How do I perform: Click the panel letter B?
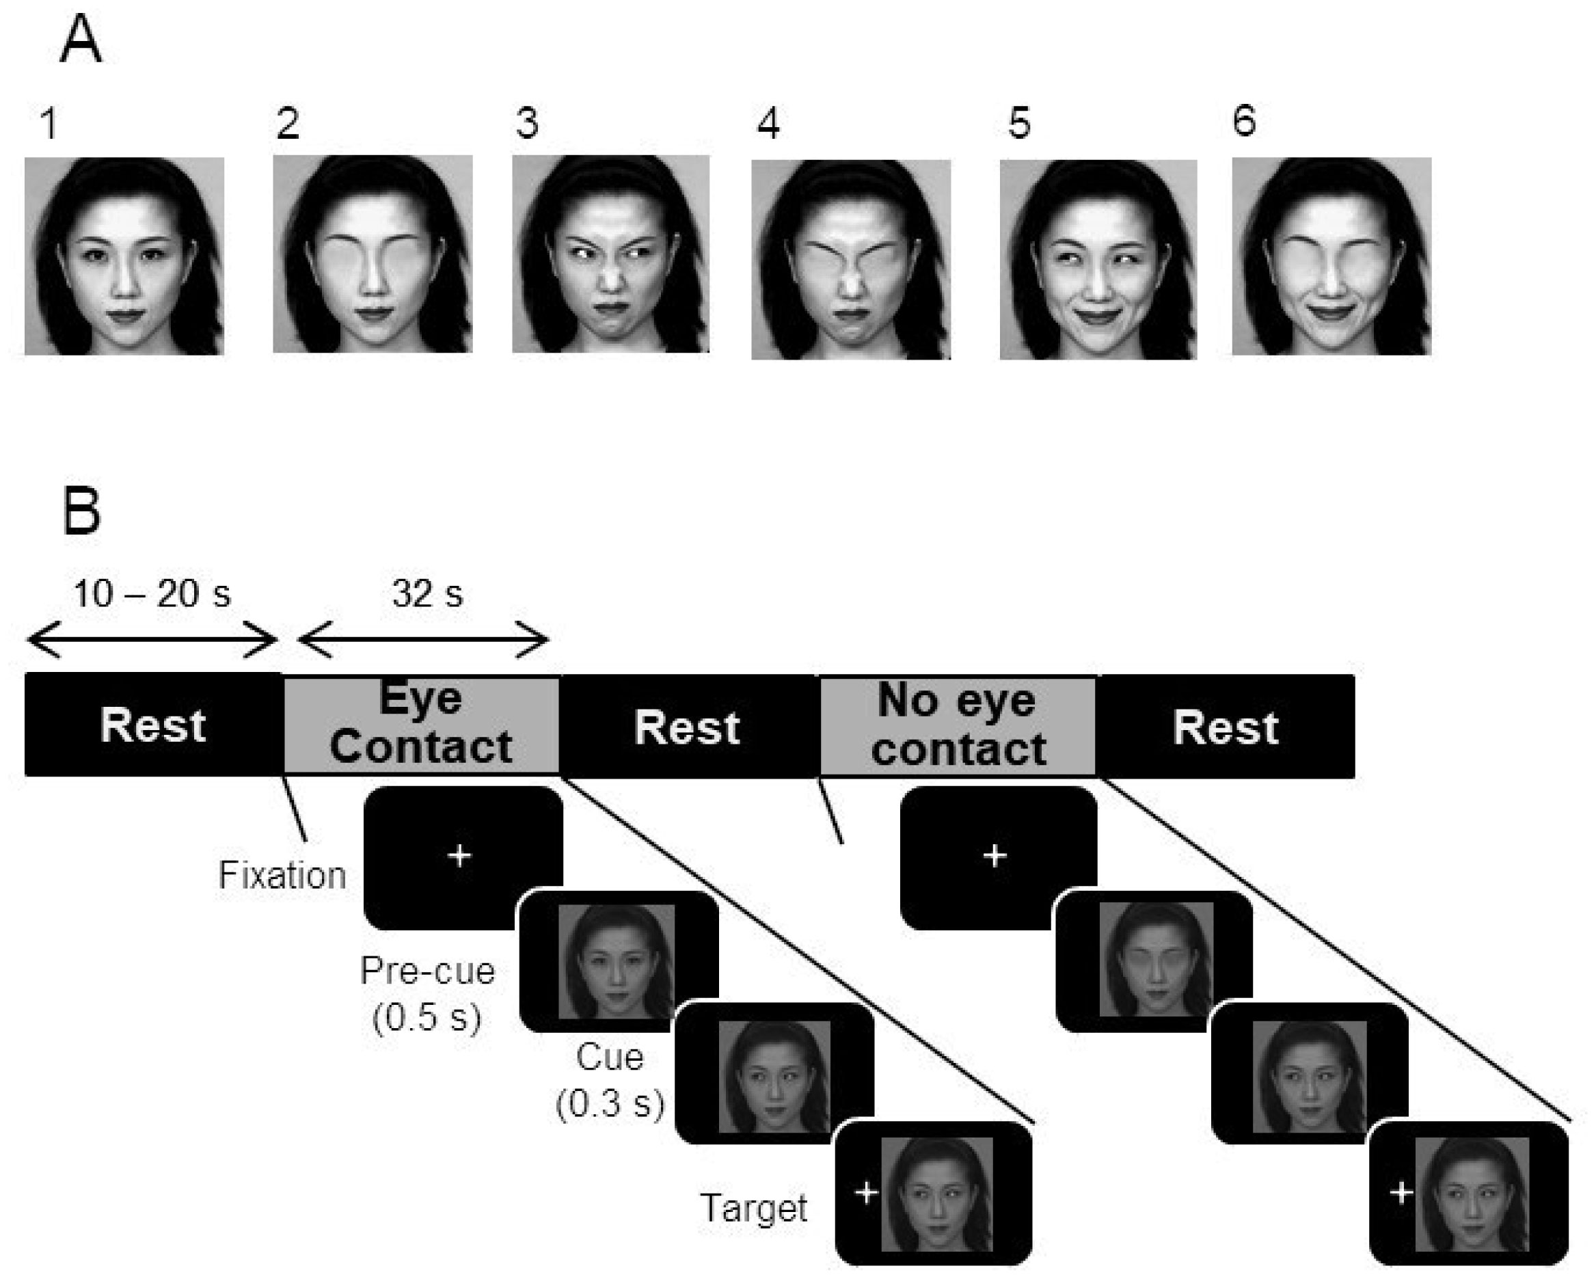81,511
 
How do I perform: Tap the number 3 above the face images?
526,123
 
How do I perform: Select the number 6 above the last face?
1243,120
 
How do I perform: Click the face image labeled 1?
124,256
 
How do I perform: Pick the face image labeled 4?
850,260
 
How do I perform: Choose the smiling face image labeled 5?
1098,260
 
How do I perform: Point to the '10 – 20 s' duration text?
152,594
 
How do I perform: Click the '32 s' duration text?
427,594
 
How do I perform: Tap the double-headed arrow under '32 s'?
422,641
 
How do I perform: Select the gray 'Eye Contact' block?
421,725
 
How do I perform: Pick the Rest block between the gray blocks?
687,727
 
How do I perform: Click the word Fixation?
282,876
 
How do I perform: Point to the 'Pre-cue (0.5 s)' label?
427,994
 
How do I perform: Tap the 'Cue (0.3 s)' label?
610,1080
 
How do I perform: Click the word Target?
754,1209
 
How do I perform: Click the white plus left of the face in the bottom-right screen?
1401,1193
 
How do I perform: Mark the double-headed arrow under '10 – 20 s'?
152,641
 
